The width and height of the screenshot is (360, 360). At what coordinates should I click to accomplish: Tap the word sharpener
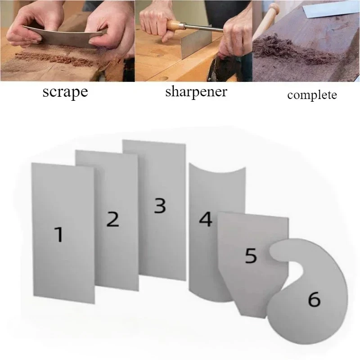(196, 93)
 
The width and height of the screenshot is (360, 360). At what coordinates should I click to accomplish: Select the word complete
(311, 96)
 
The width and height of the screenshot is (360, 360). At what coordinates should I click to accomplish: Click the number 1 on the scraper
(58, 235)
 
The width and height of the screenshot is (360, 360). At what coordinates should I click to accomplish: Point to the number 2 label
(112, 219)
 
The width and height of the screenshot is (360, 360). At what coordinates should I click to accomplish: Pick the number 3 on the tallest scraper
(159, 206)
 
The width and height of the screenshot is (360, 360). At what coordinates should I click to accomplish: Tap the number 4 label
(205, 220)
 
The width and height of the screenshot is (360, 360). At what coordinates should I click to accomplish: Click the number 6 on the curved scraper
(314, 299)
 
